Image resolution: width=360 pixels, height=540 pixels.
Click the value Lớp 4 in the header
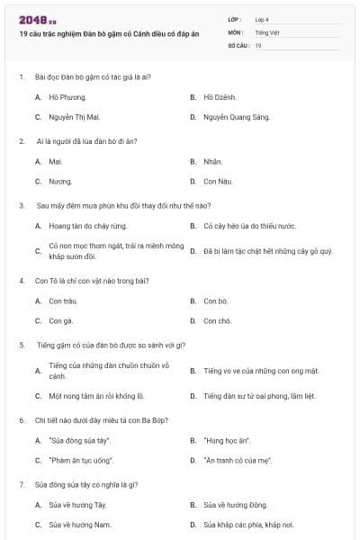(262, 19)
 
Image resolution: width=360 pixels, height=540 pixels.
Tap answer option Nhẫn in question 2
(212, 162)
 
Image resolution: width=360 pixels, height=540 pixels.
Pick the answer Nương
(60, 181)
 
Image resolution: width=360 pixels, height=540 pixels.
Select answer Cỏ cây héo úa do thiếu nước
(249, 226)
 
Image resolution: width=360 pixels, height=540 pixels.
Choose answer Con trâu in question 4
(62, 301)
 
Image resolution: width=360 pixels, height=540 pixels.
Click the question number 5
(21, 345)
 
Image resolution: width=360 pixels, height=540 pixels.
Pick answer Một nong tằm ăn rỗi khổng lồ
(97, 395)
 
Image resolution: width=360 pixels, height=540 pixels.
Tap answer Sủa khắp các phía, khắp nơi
(248, 525)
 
